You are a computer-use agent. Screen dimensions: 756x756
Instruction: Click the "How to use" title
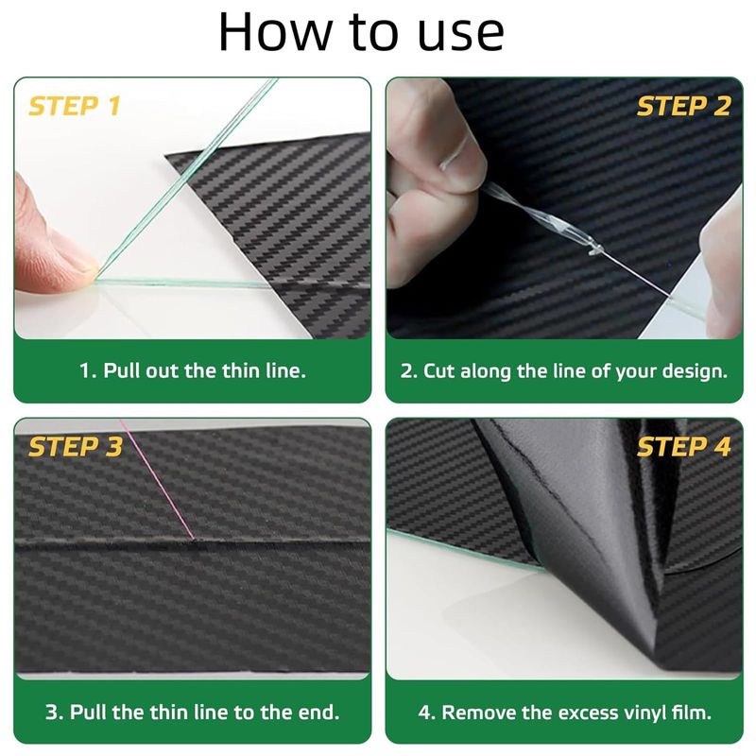(x=361, y=31)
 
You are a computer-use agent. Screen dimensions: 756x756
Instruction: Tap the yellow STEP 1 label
(x=75, y=106)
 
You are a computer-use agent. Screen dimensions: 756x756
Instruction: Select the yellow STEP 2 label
(x=683, y=106)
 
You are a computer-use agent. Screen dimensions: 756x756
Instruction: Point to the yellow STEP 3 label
(x=76, y=446)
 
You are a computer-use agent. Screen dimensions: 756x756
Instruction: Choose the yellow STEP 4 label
(x=683, y=446)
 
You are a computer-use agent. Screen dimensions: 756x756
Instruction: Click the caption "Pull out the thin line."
(x=193, y=370)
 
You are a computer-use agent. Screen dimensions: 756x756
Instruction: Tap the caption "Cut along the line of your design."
(x=563, y=371)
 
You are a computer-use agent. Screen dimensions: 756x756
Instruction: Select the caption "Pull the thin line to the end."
(x=193, y=712)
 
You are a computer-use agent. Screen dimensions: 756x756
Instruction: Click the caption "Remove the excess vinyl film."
(x=564, y=713)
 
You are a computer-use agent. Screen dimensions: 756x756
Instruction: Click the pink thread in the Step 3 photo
(x=157, y=479)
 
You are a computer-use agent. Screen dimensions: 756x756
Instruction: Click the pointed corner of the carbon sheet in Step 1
(x=166, y=155)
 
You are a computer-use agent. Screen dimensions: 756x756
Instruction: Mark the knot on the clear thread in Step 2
(x=594, y=248)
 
